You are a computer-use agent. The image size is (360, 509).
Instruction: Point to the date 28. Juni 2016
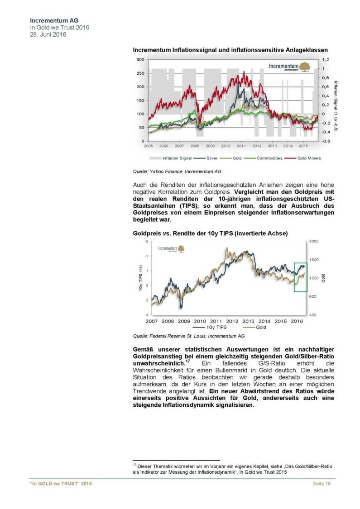point(48,35)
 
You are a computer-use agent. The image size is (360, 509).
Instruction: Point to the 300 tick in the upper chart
point(140,60)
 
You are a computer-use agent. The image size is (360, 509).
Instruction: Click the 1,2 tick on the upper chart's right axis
point(325,60)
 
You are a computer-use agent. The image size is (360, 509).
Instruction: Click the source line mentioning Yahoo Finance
point(177,172)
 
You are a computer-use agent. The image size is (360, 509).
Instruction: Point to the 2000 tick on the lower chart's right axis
point(314,242)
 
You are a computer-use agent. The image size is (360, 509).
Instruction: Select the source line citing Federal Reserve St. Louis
point(188,336)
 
